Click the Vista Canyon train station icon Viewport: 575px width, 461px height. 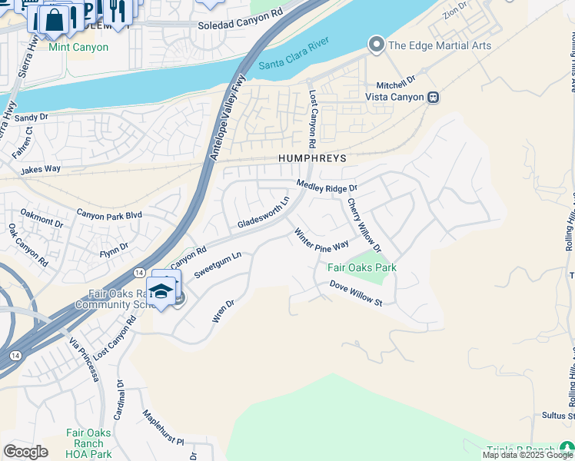[x=434, y=98]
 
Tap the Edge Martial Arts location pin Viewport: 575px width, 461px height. [x=376, y=45]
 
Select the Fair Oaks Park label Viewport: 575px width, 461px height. [x=362, y=268]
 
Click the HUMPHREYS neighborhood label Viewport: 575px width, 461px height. [x=312, y=158]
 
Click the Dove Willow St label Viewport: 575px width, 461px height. [x=356, y=294]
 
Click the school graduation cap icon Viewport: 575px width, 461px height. [x=161, y=290]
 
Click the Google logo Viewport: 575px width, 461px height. [x=25, y=452]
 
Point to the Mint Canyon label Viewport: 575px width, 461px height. [x=78, y=47]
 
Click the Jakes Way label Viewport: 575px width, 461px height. [x=40, y=169]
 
